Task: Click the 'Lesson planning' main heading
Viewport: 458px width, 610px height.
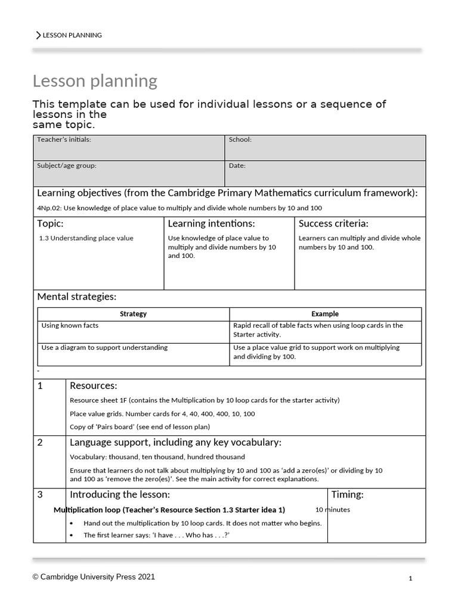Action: tap(95, 80)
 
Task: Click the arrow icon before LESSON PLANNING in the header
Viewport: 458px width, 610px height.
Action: tap(39, 35)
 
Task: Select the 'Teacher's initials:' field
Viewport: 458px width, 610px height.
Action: tap(128, 147)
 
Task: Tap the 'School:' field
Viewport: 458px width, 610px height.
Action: tap(325, 147)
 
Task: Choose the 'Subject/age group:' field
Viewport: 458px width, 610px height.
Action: tap(128, 173)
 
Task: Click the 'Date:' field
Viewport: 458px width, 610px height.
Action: tap(325, 173)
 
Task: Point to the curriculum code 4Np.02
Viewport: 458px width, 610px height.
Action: tap(49, 208)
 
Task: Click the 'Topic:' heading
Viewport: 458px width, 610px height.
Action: tap(50, 224)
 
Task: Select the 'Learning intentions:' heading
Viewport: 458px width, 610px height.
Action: tap(211, 224)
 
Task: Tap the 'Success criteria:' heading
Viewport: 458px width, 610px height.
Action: tap(333, 224)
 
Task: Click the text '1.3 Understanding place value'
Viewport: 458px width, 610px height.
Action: tap(86, 238)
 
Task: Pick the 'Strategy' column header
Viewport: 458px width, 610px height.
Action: tap(133, 314)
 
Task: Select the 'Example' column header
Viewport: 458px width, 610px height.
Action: tap(325, 314)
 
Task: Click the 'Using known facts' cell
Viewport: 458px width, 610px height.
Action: tap(70, 326)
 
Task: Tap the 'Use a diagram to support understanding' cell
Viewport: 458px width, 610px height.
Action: tap(104, 347)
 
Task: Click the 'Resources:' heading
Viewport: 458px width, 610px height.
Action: tap(94, 386)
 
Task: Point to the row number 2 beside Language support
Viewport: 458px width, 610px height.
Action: tap(41, 443)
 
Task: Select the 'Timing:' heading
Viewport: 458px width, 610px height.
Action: tap(347, 495)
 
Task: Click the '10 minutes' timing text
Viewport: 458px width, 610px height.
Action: tap(333, 510)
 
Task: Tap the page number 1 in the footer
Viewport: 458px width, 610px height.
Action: tap(410, 578)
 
